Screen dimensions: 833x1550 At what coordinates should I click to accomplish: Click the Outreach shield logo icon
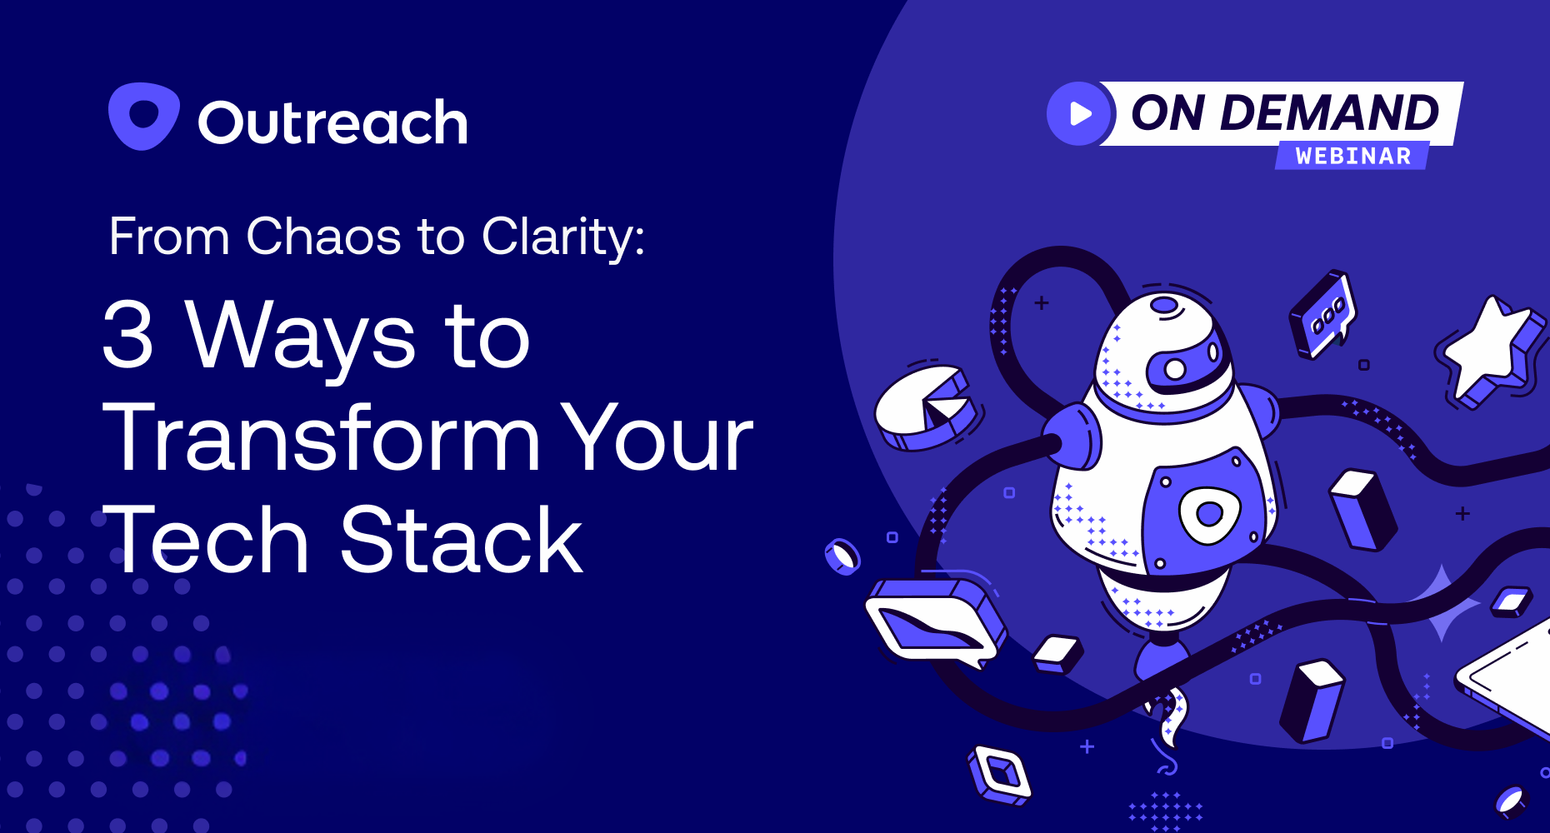tap(143, 116)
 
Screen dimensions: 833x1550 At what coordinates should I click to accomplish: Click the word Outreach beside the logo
tap(332, 123)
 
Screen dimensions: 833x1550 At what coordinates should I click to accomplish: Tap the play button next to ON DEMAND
tap(1080, 114)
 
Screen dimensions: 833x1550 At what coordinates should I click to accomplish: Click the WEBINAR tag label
tap(1352, 156)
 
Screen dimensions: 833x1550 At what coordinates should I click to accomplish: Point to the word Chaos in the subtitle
tap(323, 237)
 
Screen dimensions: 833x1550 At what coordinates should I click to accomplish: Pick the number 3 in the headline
tap(128, 335)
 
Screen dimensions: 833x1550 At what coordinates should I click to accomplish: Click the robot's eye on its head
tap(1175, 368)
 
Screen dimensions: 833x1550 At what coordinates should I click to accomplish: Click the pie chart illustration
tap(925, 408)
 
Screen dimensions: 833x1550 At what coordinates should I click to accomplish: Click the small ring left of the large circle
tap(842, 556)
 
